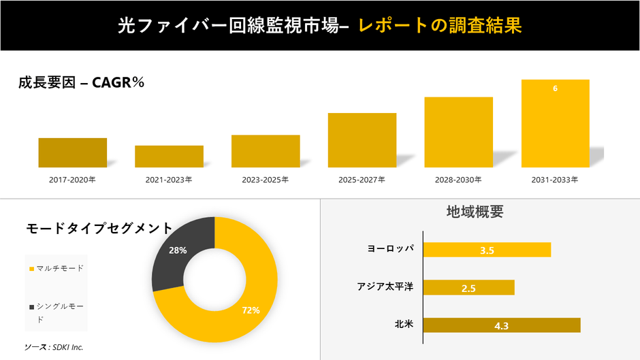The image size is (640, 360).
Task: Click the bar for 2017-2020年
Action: (x=72, y=152)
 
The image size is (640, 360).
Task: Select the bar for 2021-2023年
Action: (x=169, y=157)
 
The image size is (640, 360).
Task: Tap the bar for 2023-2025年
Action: (x=266, y=151)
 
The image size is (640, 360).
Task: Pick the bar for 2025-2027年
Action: (x=362, y=140)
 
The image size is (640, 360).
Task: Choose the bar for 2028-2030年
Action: (x=458, y=132)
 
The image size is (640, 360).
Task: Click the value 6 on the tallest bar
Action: (x=555, y=88)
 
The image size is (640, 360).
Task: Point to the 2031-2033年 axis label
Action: (x=555, y=180)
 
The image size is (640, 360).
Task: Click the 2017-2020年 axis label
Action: (x=72, y=180)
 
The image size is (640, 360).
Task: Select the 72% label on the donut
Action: (x=251, y=310)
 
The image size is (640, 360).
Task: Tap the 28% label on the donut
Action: (x=178, y=250)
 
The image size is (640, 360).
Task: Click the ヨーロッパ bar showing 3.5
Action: (x=487, y=250)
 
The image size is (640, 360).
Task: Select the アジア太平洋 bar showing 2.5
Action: (x=468, y=288)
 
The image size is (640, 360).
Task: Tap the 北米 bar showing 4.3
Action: (x=502, y=325)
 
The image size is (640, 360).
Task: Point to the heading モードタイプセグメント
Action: (x=99, y=228)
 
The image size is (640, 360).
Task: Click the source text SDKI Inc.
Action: (x=54, y=347)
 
